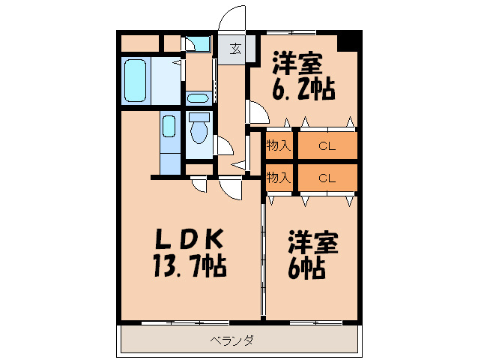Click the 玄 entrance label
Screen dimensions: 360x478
pyautogui.click(x=235, y=49)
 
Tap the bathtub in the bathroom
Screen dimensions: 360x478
pyautogui.click(x=136, y=78)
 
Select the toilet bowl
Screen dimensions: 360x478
pyautogui.click(x=199, y=133)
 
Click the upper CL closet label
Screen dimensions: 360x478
pyautogui.click(x=326, y=146)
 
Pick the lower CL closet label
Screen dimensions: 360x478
pyautogui.click(x=326, y=178)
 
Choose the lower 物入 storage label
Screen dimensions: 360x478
pyautogui.click(x=279, y=178)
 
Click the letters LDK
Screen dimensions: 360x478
pyautogui.click(x=188, y=239)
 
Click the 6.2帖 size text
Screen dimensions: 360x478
pyautogui.click(x=303, y=89)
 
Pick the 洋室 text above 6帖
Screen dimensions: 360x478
pyautogui.click(x=314, y=242)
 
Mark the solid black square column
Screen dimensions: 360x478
pyautogui.click(x=348, y=41)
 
